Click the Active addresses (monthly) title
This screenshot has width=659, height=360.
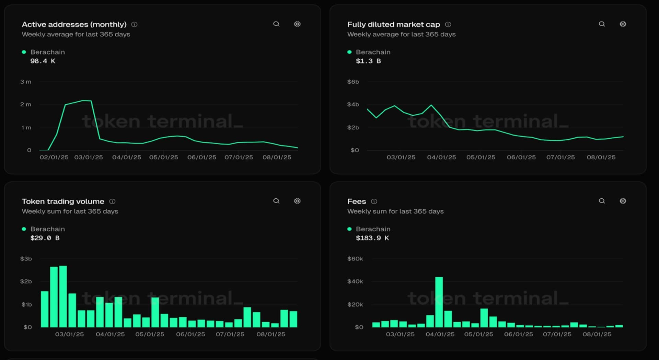point(74,24)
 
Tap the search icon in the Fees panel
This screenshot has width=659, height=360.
point(602,201)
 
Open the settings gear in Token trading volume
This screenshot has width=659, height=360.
point(297,201)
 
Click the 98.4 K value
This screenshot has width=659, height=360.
point(43,61)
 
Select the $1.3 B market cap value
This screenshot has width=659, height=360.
point(368,61)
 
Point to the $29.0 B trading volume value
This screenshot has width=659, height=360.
point(45,238)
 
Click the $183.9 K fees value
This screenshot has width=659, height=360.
point(372,238)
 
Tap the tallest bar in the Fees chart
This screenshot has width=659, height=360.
point(439,302)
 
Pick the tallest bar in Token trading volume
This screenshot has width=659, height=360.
point(63,297)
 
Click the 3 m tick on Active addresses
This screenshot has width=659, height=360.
point(26,82)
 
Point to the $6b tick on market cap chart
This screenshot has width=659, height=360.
point(353,82)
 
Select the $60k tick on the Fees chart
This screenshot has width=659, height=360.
point(355,259)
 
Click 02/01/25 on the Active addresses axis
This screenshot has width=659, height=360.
point(54,157)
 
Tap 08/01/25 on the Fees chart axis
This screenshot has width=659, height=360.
point(597,334)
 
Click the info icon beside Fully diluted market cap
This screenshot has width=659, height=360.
point(448,24)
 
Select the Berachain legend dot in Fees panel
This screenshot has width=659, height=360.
point(349,229)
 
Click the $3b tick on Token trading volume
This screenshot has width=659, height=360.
point(26,259)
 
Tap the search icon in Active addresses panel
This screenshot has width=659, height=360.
point(276,24)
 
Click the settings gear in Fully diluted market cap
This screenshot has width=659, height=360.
point(623,24)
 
